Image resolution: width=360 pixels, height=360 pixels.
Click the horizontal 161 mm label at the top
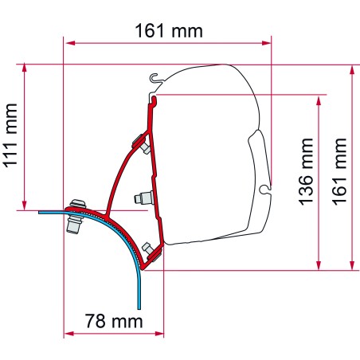(168, 31)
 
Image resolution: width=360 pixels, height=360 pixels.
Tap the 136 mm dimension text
(306, 181)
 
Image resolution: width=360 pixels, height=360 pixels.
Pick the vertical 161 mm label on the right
(340, 166)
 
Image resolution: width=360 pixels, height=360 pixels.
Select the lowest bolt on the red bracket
(148, 249)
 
